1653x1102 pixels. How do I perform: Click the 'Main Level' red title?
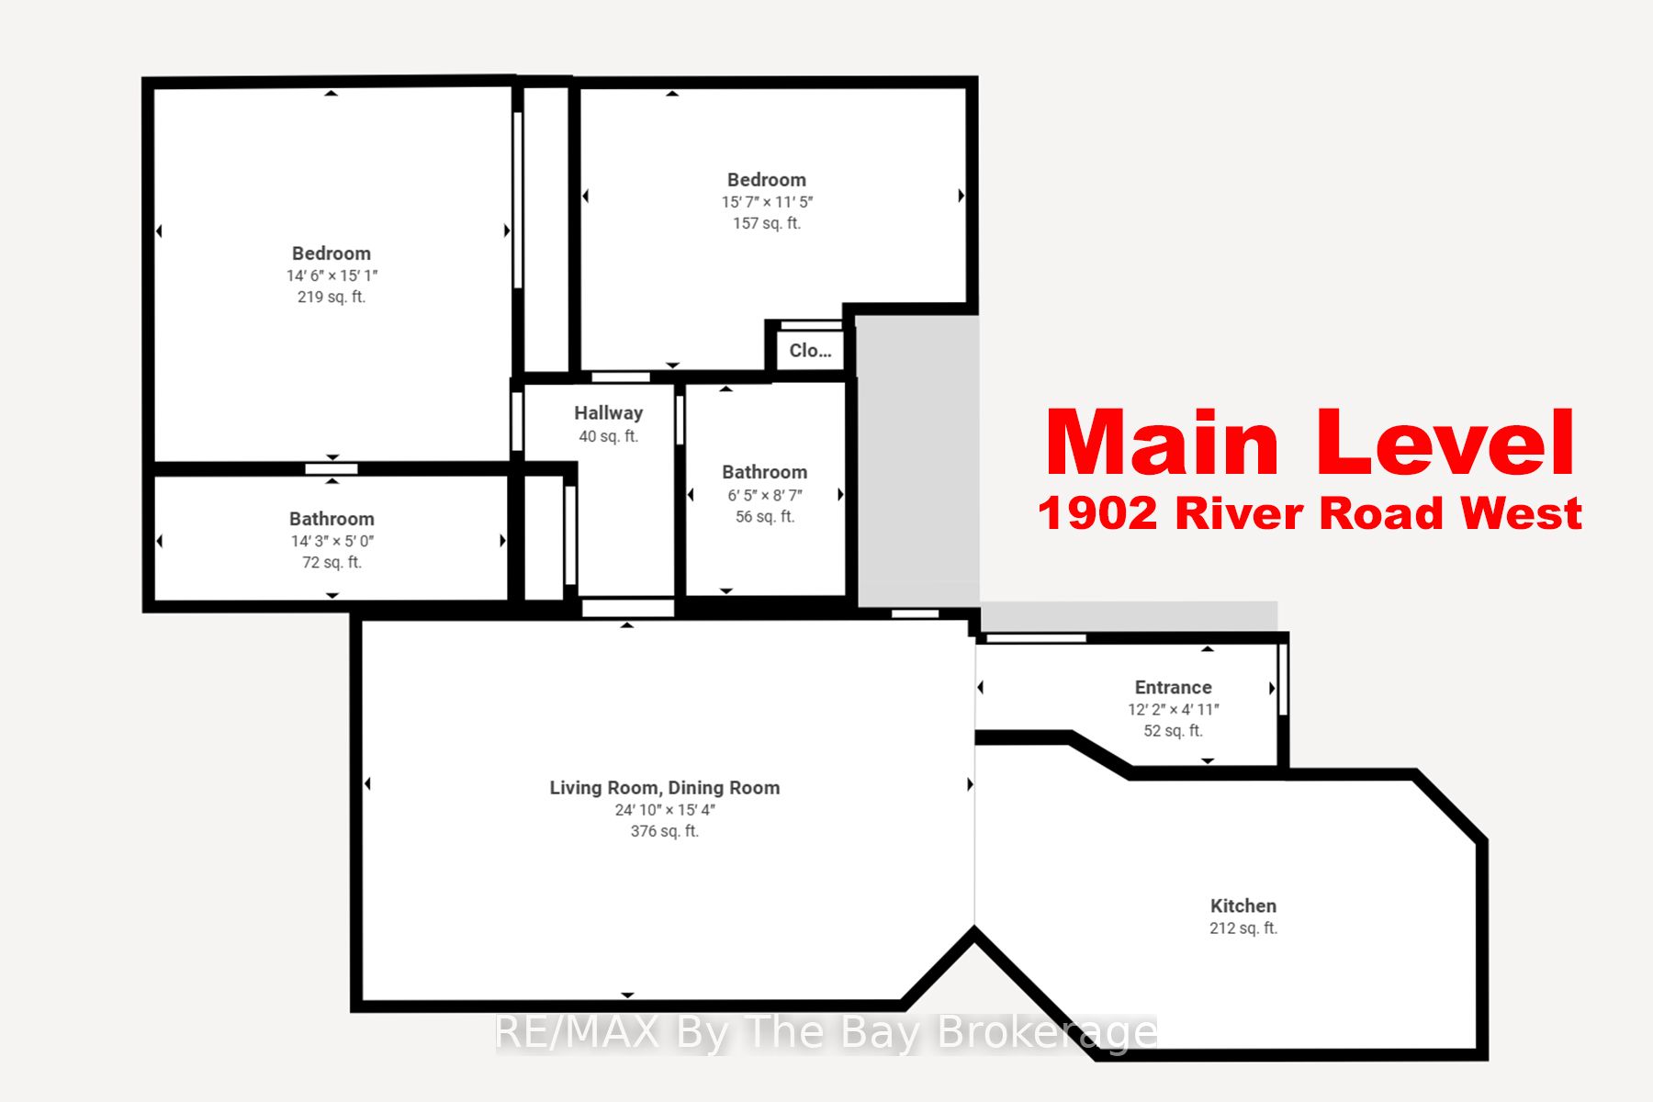(x=1310, y=444)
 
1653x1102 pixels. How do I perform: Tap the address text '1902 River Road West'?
(x=1310, y=513)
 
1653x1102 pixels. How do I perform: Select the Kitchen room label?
(x=1243, y=905)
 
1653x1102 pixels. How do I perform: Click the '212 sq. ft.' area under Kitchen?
(x=1243, y=928)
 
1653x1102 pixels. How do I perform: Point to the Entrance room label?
(x=1173, y=687)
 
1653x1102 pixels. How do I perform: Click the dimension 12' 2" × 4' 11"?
(x=1173, y=709)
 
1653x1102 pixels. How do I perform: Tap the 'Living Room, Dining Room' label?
(x=664, y=788)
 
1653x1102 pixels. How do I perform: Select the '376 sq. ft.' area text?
(x=664, y=831)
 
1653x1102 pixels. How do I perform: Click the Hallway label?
(x=608, y=413)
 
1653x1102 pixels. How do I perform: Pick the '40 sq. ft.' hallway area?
(x=608, y=436)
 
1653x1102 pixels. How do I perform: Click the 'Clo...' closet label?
(x=810, y=350)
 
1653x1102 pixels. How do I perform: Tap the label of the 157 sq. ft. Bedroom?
(x=766, y=180)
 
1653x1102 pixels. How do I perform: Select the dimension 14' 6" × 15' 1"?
(x=332, y=275)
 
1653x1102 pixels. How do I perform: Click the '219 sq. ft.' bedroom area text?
(x=332, y=297)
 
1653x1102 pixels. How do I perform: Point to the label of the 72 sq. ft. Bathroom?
(x=332, y=519)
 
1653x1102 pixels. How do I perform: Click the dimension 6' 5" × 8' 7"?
(x=765, y=495)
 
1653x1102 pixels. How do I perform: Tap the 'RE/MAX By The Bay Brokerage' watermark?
(x=825, y=1032)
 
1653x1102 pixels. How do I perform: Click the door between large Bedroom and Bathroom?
(x=332, y=468)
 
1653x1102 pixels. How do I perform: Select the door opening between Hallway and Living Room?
(x=628, y=608)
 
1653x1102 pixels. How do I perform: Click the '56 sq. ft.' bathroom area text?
(x=765, y=516)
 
